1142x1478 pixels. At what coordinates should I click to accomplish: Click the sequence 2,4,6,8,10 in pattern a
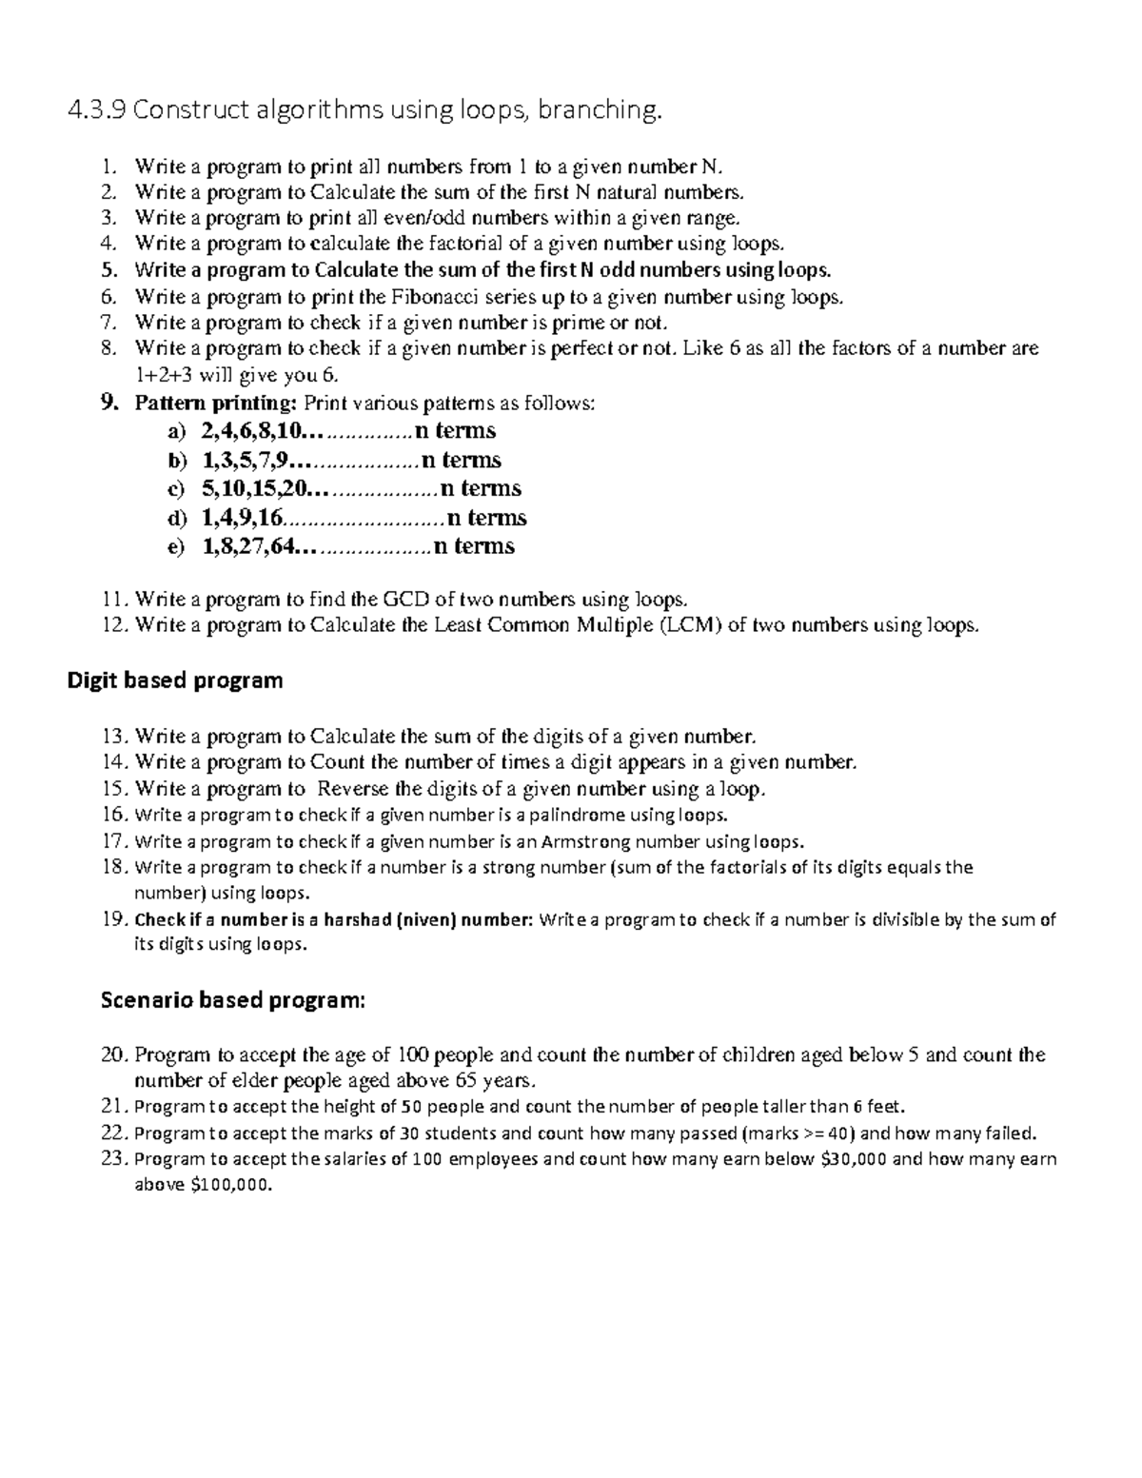click(255, 431)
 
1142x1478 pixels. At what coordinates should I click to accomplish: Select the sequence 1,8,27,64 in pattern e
click(249, 546)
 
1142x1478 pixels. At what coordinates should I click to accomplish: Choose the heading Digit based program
click(175, 680)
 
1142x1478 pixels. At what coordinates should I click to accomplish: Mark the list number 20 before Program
click(112, 1055)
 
